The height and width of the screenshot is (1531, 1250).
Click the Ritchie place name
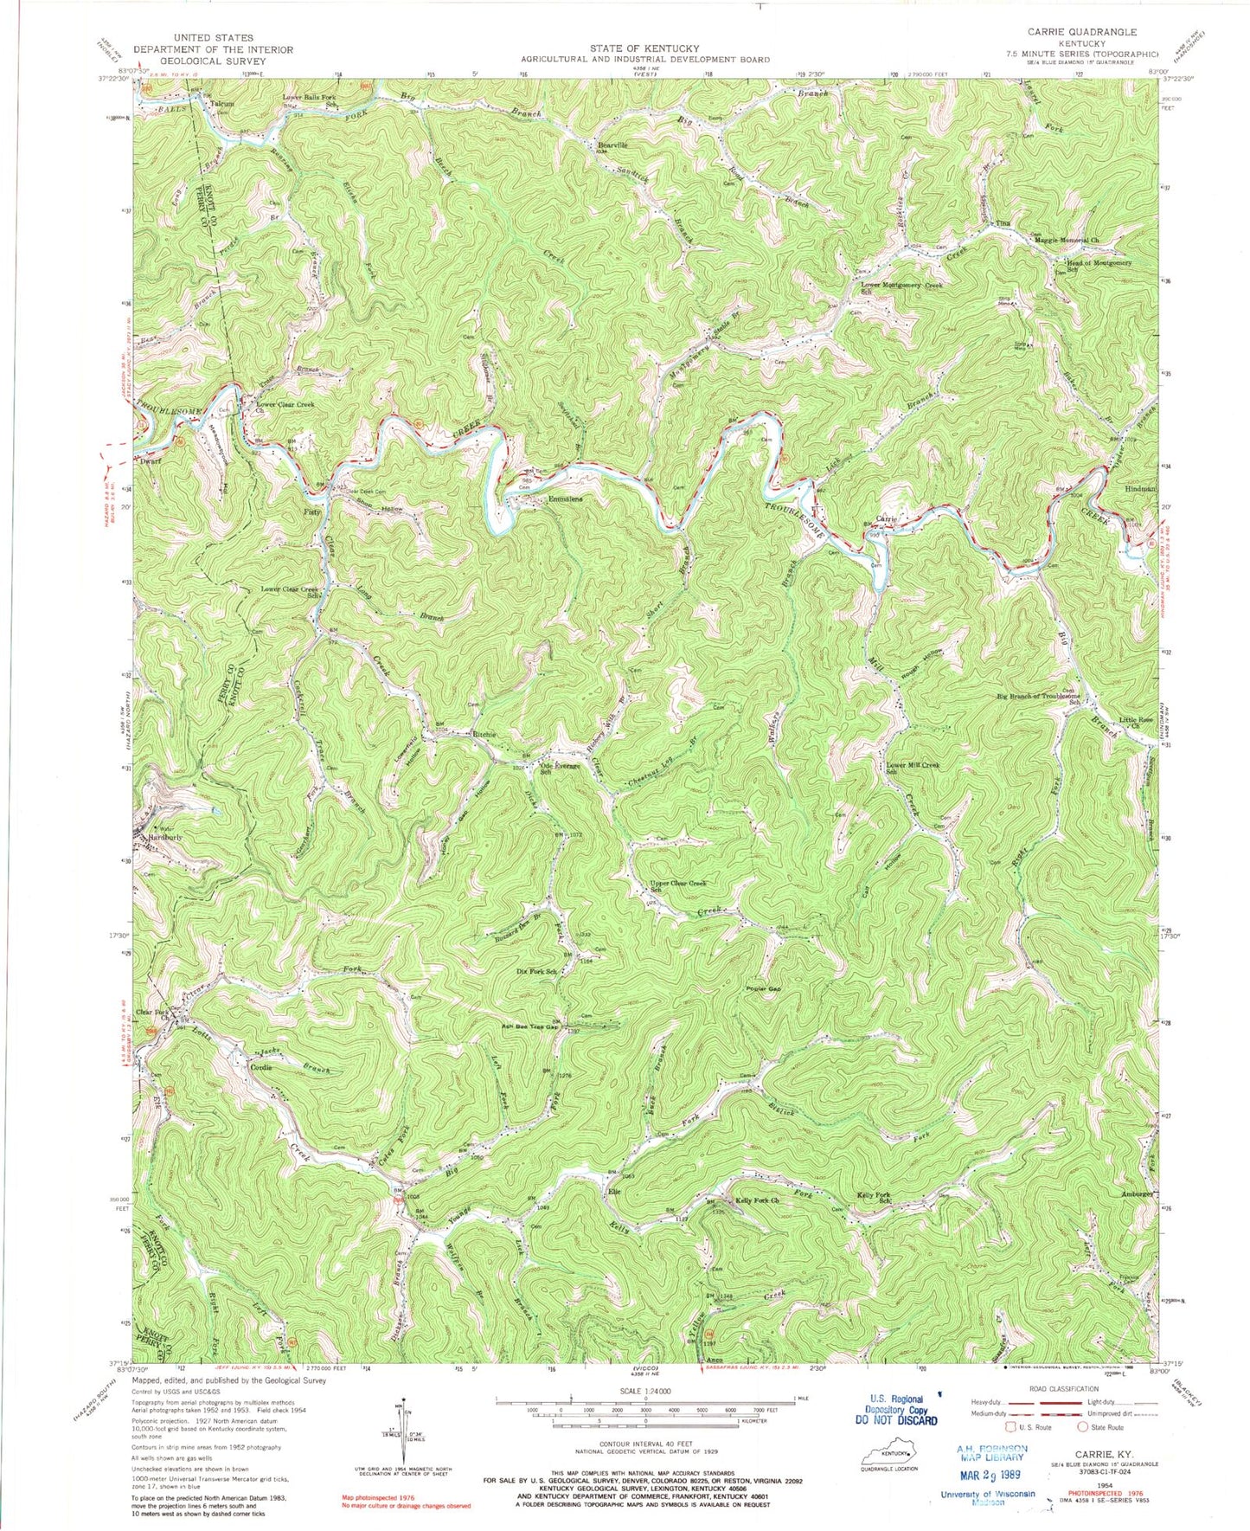(482, 735)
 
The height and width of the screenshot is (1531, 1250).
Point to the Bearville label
(613, 145)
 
